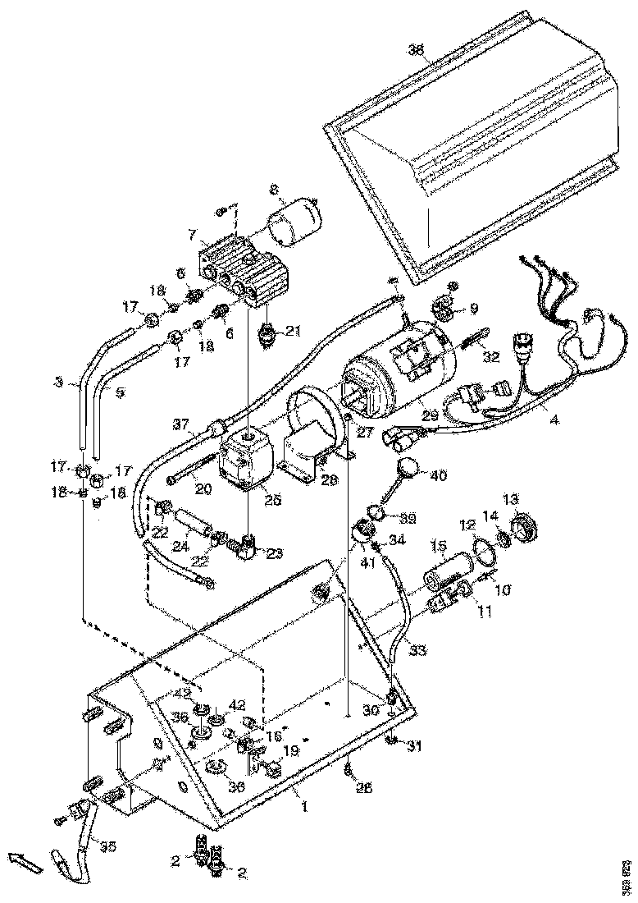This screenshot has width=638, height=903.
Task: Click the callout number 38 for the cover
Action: click(417, 50)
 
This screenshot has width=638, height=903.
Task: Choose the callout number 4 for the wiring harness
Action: click(554, 421)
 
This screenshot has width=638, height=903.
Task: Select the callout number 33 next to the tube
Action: click(418, 650)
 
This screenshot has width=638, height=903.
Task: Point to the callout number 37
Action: click(181, 424)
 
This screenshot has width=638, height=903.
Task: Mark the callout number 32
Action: click(491, 357)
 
